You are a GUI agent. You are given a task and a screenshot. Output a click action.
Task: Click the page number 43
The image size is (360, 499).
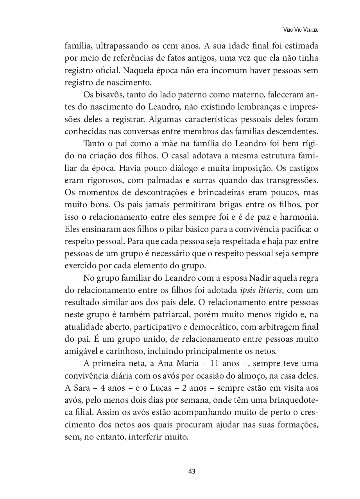click(192, 471)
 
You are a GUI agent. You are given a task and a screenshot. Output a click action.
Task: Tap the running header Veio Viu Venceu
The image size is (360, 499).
click(299, 30)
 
